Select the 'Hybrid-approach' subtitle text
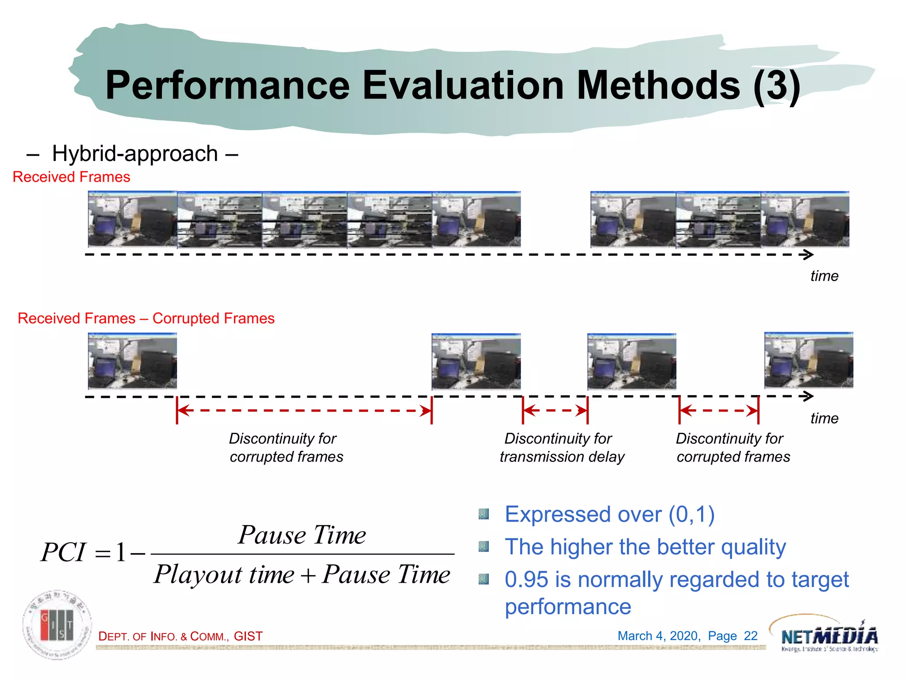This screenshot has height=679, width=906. click(x=134, y=154)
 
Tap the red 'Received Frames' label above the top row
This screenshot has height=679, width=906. click(x=71, y=177)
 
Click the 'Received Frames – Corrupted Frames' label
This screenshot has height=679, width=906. click(x=146, y=318)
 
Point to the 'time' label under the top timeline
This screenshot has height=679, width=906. click(x=824, y=276)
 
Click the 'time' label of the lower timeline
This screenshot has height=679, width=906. click(x=824, y=418)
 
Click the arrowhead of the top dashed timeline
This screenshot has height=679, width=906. click(x=808, y=255)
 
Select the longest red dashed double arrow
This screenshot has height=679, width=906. click(x=304, y=411)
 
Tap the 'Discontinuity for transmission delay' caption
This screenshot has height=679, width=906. click(x=561, y=447)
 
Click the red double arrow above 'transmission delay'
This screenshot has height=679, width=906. click(x=555, y=411)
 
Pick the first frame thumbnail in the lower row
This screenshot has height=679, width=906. click(x=132, y=361)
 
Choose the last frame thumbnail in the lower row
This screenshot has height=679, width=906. click(x=808, y=360)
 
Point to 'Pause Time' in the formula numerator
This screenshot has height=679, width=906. click(x=302, y=535)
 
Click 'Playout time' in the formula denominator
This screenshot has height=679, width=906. click(x=224, y=575)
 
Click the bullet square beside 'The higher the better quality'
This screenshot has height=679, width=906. click(x=484, y=547)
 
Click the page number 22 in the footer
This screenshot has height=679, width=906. click(x=751, y=636)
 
